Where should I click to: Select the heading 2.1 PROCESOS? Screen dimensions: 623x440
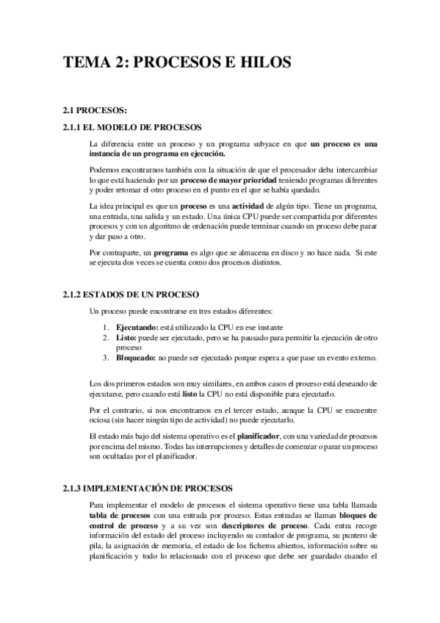click(x=95, y=111)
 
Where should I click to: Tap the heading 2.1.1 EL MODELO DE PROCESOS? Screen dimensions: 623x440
click(x=127, y=127)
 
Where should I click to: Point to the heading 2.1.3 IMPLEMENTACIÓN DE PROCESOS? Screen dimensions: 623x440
click(x=148, y=488)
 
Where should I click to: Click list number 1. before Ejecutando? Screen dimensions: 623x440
click(x=107, y=325)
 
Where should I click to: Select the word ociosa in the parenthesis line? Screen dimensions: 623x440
click(x=101, y=419)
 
